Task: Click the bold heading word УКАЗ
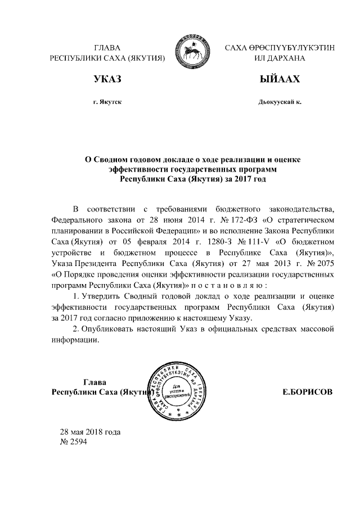(107, 80)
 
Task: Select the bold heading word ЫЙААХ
(279, 80)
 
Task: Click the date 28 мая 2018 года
(91, 431)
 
